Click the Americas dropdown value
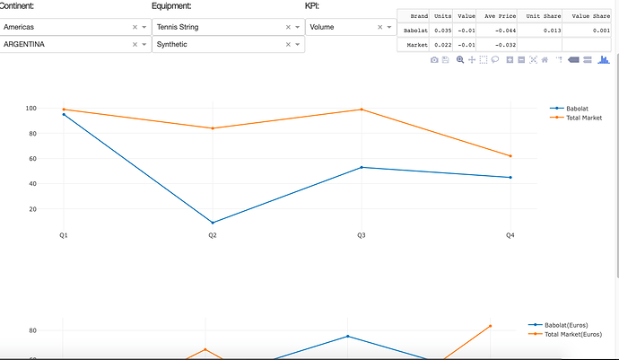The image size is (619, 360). click(x=20, y=28)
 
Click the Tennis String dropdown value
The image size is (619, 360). click(x=178, y=28)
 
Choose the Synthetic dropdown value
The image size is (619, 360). click(x=172, y=44)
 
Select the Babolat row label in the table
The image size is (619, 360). click(x=416, y=31)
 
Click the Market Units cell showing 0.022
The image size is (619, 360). click(x=443, y=44)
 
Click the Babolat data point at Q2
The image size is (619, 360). click(x=213, y=223)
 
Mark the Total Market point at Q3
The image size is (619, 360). click(x=362, y=110)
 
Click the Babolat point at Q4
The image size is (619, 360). click(x=510, y=178)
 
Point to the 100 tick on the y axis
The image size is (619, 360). click(x=56, y=109)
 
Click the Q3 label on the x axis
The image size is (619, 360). click(x=362, y=235)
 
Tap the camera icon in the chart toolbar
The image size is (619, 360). click(x=434, y=59)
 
